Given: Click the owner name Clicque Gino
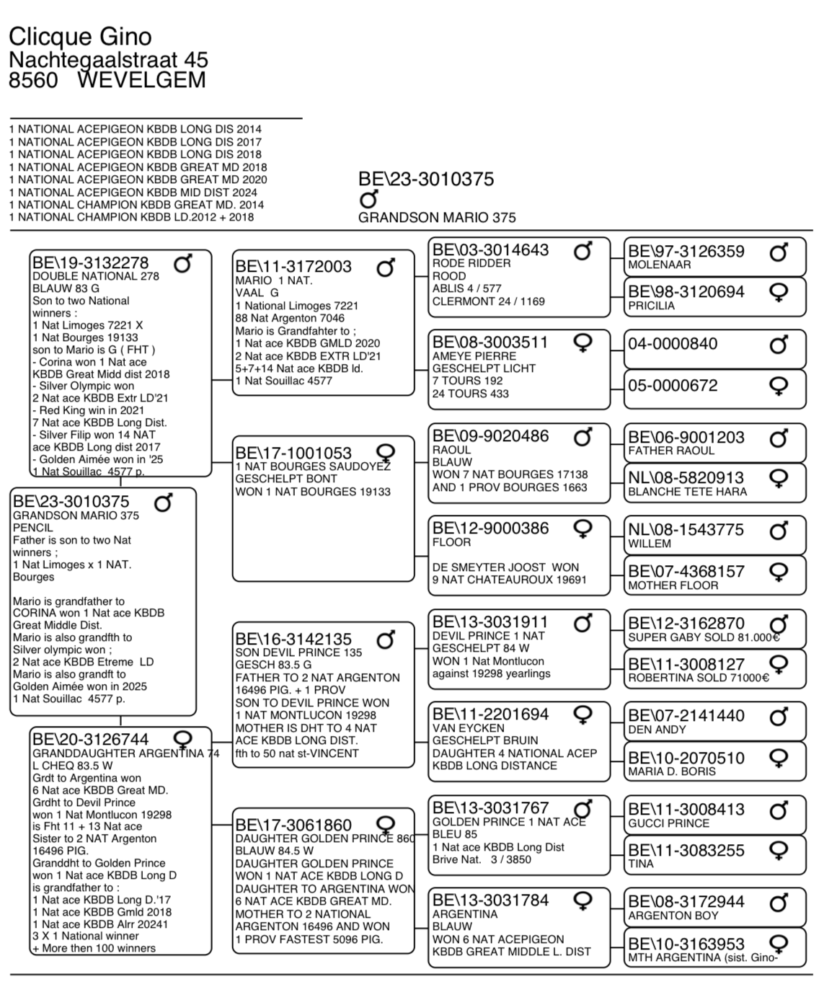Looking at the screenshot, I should pos(80,36).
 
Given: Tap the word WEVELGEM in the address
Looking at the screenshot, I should pos(141,79).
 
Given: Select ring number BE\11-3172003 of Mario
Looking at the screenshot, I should pos(293,267).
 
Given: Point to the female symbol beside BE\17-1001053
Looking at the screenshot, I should pos(386,453).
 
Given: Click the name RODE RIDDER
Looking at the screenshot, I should pos(471,264).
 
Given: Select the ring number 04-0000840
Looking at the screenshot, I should pos(673,344).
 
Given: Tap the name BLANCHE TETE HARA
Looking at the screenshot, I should pos(687,492).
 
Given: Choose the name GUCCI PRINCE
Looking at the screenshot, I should pos(668,823).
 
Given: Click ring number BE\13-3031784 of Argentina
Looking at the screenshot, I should pos(490,900).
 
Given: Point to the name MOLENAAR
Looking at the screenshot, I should pos(659,265).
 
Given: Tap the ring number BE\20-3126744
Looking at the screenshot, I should pos(90,740).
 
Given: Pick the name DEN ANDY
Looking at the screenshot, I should pos(657,730).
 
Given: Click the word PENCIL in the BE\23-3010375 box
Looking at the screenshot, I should pos(32,528).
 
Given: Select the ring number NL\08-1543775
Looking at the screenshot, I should pos(686,530).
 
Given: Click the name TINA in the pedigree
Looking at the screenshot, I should pos(640,864).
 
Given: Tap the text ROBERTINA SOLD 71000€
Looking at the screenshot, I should pos(698,678).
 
